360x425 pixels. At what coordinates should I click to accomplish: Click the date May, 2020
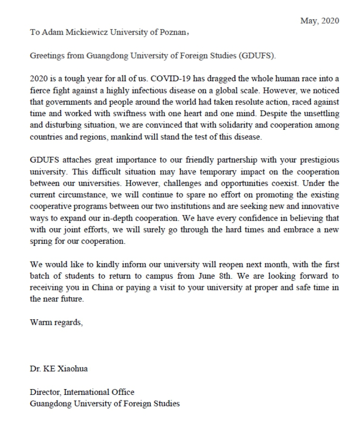click(x=319, y=21)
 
